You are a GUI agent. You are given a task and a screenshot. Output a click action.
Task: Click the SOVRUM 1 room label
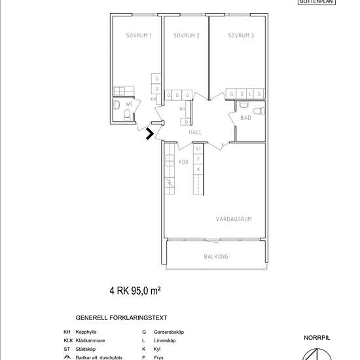tap(139, 36)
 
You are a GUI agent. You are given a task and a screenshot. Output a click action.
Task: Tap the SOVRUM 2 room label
tap(187, 36)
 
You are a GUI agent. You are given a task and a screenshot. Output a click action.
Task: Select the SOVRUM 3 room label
tap(241, 36)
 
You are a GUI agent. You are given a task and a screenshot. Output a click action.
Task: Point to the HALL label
tap(195, 132)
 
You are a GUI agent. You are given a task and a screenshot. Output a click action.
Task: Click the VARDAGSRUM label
tap(234, 219)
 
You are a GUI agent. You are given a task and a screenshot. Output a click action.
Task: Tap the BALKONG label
tap(216, 257)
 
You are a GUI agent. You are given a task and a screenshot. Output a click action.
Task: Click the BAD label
tap(246, 118)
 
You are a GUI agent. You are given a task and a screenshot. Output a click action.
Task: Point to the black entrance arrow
tap(150, 134)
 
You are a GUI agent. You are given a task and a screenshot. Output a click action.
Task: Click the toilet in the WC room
tap(126, 116)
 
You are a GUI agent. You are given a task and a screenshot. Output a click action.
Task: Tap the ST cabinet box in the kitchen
tap(198, 149)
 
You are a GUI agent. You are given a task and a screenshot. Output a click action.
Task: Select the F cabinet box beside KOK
tap(198, 159)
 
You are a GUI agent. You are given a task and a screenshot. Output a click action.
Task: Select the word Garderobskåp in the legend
tap(169, 332)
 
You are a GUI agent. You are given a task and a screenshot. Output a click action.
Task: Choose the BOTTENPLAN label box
tap(316, 2)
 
